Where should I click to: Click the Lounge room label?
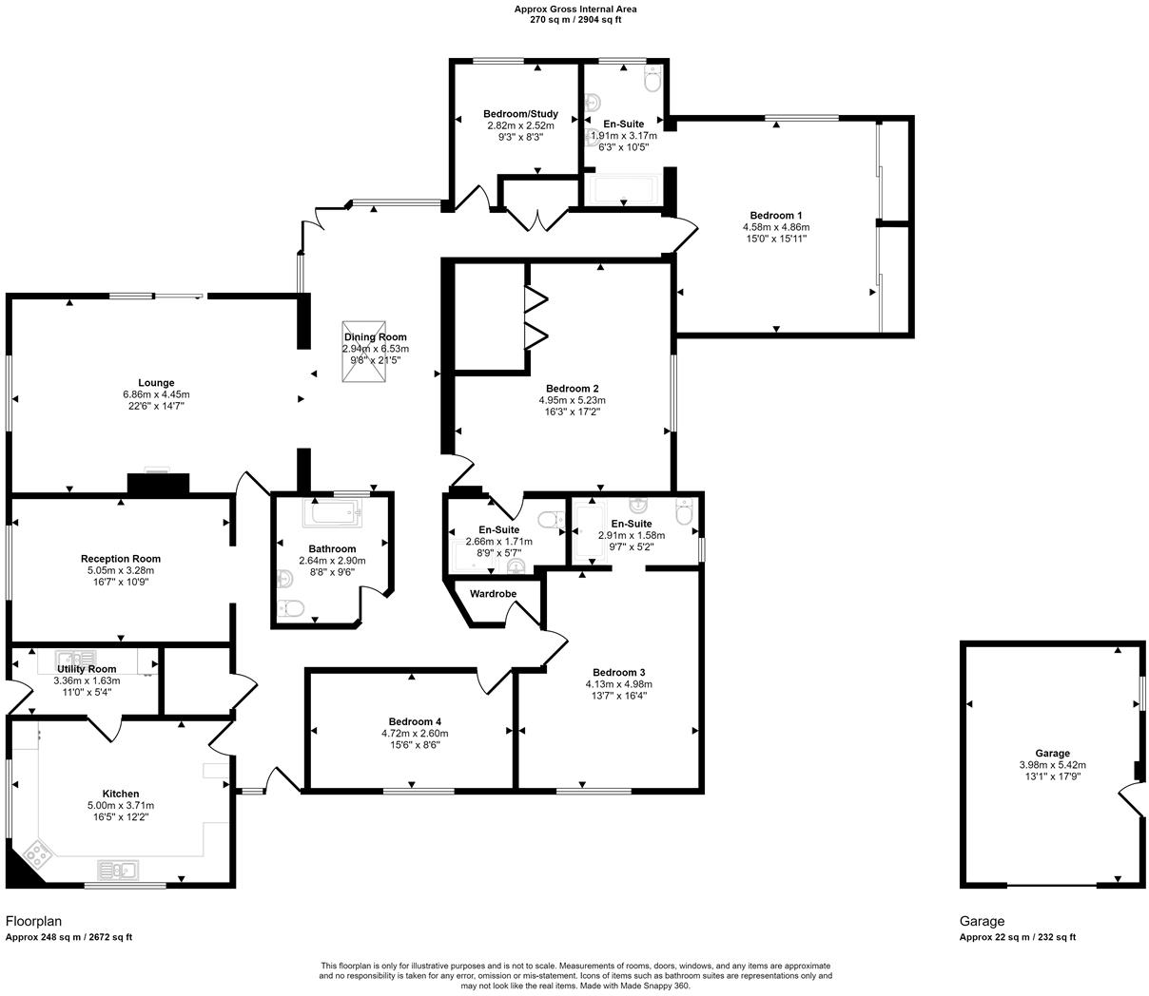[x=156, y=383]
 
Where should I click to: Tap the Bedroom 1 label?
[x=775, y=216]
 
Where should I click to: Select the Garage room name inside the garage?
[x=1052, y=753]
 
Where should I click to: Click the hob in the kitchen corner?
[x=38, y=853]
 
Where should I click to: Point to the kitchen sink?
[x=118, y=869]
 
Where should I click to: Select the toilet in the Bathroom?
[x=291, y=608]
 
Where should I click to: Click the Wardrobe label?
[x=493, y=594]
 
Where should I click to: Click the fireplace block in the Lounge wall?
[x=158, y=484]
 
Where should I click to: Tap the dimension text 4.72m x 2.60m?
[x=415, y=734]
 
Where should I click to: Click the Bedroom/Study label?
[x=520, y=114]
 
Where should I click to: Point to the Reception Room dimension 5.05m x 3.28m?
[x=120, y=570]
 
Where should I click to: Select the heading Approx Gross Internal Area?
[x=575, y=9]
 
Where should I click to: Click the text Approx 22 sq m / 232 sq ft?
[x=1017, y=937]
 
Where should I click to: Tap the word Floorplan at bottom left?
[x=34, y=921]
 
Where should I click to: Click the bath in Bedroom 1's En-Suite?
[x=622, y=190]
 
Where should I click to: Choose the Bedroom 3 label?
[x=618, y=673]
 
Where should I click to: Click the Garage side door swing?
[x=1133, y=800]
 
